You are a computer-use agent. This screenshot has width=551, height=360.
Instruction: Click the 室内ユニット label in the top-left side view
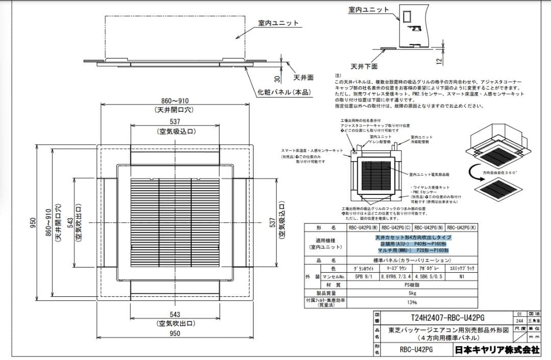278,23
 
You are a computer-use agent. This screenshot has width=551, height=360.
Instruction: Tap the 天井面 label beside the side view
304,78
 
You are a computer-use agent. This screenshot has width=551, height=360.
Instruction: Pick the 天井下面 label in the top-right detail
364,66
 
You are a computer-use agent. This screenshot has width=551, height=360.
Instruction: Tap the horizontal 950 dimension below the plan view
174,334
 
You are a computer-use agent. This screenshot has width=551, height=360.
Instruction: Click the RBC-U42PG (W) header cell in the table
363,228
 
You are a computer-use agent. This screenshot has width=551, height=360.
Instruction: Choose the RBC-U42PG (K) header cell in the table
461,228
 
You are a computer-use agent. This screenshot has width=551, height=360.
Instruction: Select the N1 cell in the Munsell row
461,276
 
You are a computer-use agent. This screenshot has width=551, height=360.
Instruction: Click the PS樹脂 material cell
412,285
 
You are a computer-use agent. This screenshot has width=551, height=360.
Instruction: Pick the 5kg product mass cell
412,293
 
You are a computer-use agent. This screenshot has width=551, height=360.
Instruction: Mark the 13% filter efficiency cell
412,302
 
